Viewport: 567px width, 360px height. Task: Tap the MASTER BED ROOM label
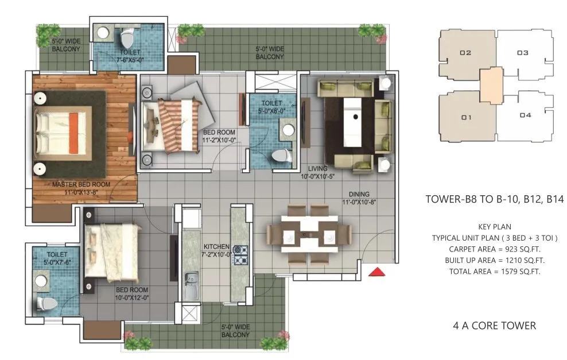point(81,188)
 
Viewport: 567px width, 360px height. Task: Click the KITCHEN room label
point(216,250)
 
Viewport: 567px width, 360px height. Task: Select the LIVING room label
point(317,172)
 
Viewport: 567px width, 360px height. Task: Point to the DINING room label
point(358,198)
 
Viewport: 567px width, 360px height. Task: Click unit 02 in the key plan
point(465,53)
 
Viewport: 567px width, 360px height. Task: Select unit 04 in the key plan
point(525,115)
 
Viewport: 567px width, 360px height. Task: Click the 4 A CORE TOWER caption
point(494,326)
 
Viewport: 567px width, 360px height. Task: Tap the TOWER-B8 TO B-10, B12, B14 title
point(495,200)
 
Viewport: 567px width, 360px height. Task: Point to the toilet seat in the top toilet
point(127,40)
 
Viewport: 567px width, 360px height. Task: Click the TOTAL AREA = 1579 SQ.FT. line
point(486,270)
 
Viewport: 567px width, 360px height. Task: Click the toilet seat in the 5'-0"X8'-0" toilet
point(281,155)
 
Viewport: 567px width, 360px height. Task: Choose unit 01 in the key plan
point(465,117)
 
